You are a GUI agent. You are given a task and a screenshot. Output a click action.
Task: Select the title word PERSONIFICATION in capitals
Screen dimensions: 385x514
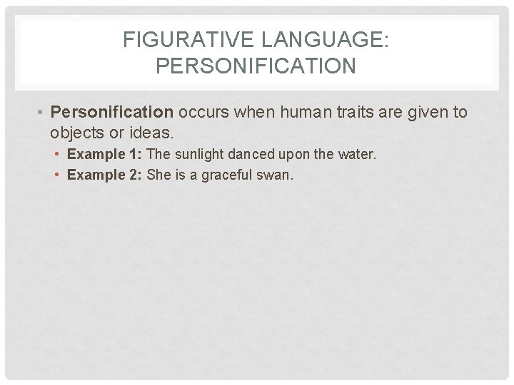[x=256, y=66]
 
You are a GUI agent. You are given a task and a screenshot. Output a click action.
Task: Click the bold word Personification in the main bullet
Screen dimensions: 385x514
[x=112, y=113]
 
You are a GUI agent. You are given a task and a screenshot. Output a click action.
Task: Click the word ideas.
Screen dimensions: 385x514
[x=153, y=133]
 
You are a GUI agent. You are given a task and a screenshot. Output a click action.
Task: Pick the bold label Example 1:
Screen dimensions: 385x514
[x=105, y=155]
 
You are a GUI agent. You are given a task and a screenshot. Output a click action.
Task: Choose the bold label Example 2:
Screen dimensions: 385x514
[x=105, y=175]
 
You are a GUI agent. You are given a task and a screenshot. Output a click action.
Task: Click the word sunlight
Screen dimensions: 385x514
[x=198, y=155]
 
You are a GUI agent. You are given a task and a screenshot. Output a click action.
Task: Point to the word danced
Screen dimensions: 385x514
[x=253, y=155]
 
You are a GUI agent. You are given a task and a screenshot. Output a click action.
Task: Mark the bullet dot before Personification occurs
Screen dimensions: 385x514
[x=42, y=113]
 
